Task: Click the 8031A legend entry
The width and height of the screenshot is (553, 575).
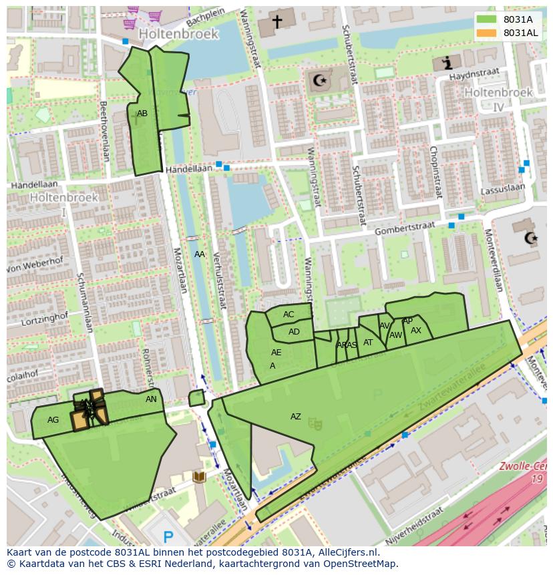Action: click(x=518, y=19)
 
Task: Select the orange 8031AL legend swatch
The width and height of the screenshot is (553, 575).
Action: click(x=487, y=33)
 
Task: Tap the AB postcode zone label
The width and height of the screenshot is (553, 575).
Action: click(x=142, y=114)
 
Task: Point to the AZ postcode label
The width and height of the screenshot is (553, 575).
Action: click(x=295, y=417)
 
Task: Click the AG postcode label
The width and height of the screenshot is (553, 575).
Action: click(x=53, y=420)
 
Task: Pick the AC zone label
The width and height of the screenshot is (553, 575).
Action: click(x=289, y=315)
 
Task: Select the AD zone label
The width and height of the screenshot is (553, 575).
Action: click(x=294, y=332)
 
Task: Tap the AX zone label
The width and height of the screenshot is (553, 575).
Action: click(x=416, y=331)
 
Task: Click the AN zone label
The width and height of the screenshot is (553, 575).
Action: click(x=151, y=399)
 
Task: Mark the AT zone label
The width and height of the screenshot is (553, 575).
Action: click(x=368, y=343)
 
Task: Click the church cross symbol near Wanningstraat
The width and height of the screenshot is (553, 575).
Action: click(x=276, y=22)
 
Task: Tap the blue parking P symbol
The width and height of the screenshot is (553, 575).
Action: click(x=168, y=536)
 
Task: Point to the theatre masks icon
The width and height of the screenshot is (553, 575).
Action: click(x=320, y=423)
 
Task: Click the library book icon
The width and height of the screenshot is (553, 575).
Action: click(x=198, y=477)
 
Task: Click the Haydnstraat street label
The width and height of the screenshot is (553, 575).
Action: click(x=486, y=75)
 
